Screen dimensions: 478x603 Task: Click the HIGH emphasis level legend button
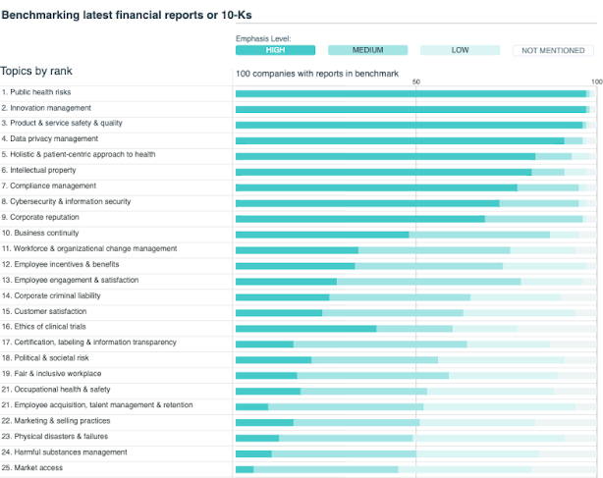point(275,50)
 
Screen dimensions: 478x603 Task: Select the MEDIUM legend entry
point(367,50)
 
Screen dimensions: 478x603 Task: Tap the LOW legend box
point(460,50)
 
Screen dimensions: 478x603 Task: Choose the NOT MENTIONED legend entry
point(553,50)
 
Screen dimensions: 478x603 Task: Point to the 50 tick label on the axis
point(416,82)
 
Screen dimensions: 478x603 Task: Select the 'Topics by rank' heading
point(36,72)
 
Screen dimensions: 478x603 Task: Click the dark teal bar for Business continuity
point(322,235)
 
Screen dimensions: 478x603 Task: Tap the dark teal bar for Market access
point(245,469)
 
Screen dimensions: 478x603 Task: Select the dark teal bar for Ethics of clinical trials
point(305,328)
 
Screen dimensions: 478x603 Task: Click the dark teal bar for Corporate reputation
point(359,219)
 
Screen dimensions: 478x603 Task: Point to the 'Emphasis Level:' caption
point(263,38)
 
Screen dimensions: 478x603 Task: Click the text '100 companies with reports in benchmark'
point(316,74)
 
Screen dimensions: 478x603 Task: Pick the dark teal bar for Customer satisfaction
point(279,313)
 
